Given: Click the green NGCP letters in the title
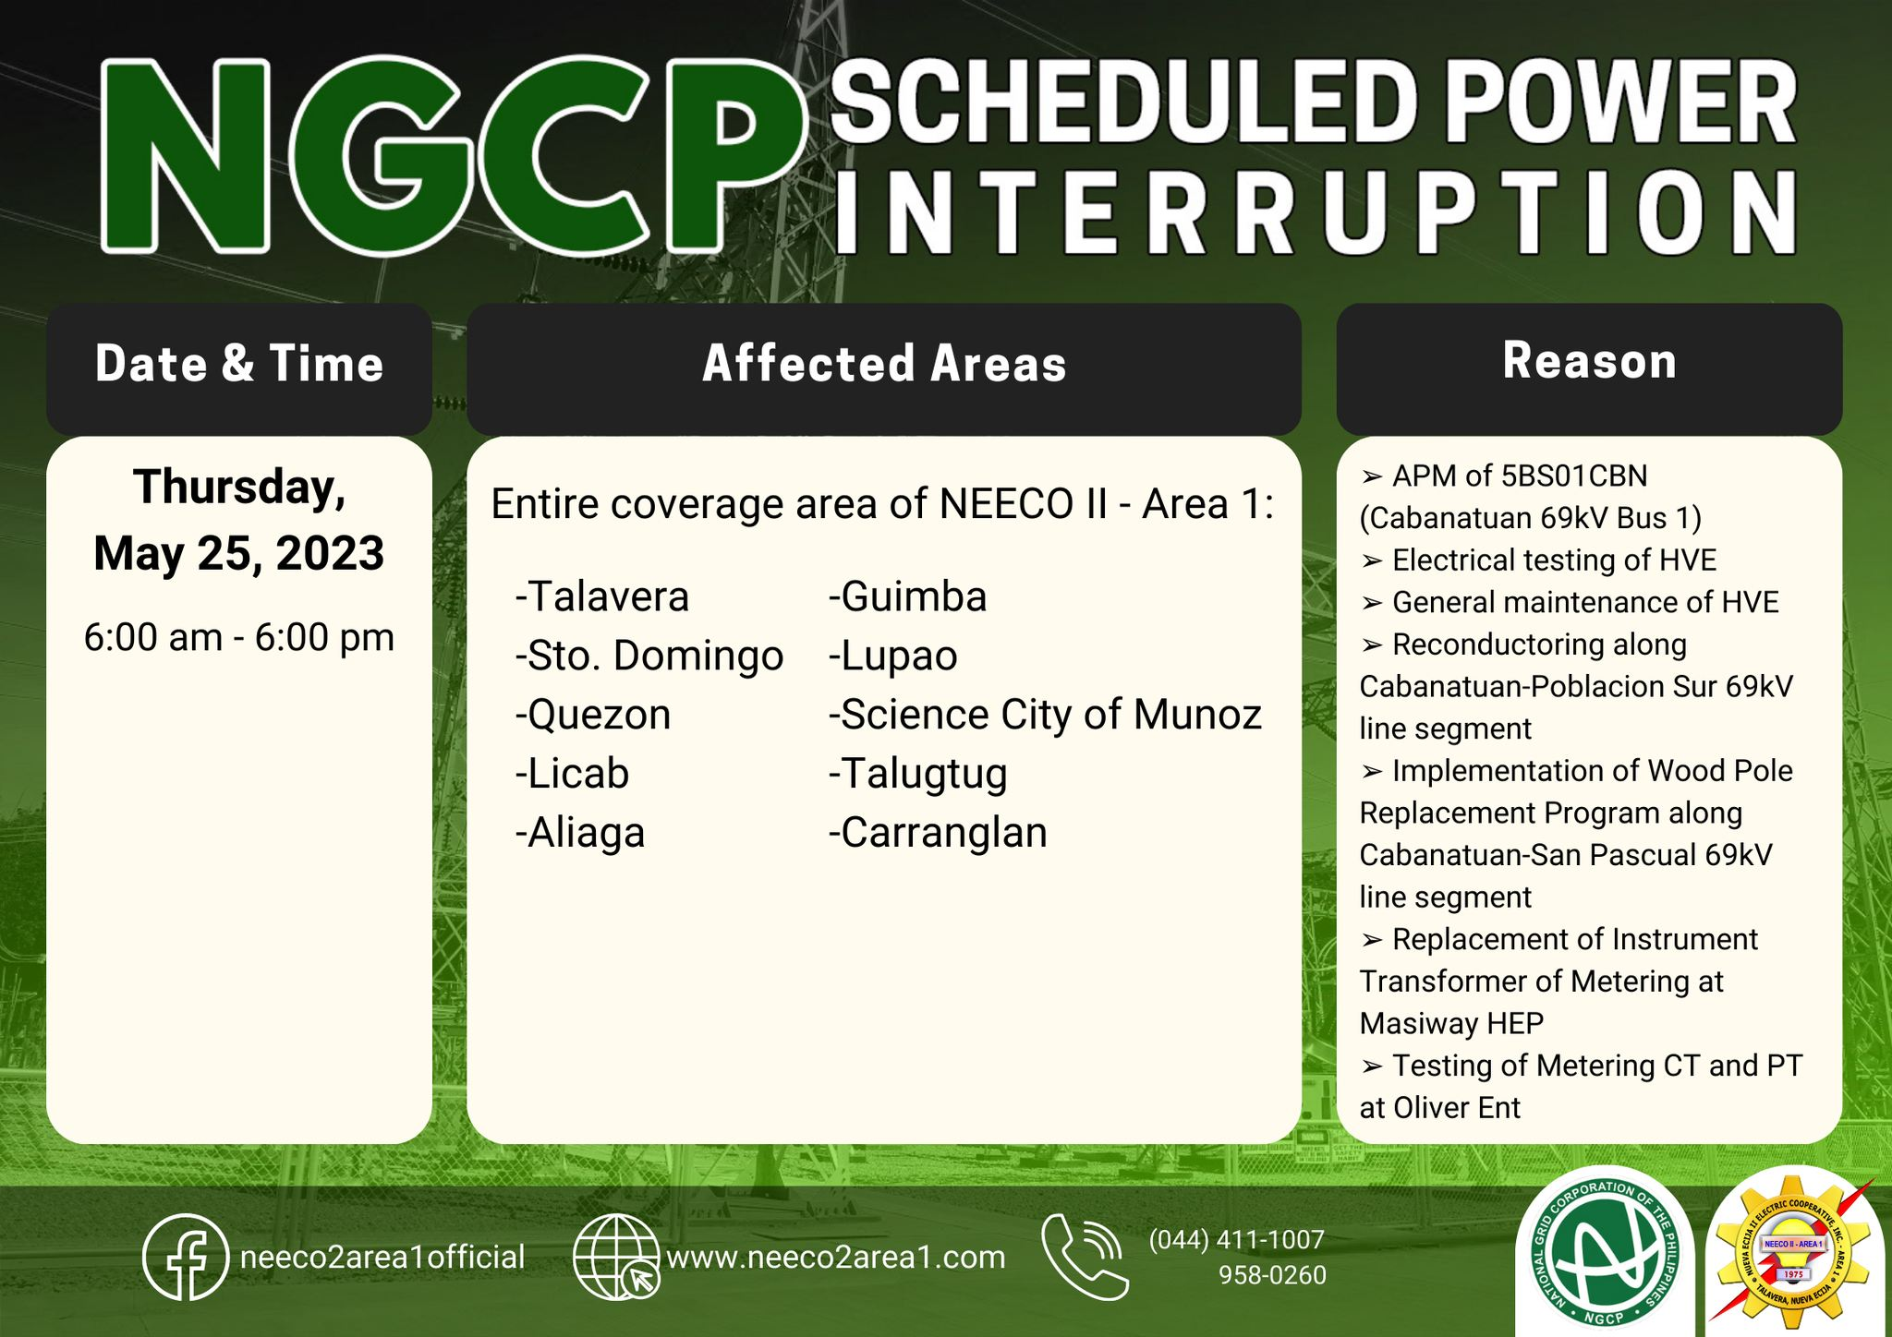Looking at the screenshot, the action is click(453, 154).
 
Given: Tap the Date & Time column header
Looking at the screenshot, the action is click(239, 363).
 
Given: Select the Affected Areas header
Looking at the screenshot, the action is click(884, 363).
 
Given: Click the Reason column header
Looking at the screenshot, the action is click(1589, 360).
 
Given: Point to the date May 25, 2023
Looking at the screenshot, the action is click(239, 554).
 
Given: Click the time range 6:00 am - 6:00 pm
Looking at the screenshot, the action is click(239, 637).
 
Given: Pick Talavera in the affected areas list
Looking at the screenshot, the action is click(602, 596).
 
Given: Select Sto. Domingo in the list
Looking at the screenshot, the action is click(649, 656).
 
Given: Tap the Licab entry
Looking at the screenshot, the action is click(572, 773).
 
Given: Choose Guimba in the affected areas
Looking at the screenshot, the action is click(908, 596).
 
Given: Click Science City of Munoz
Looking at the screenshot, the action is click(1045, 715).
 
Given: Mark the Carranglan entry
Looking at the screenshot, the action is click(938, 833).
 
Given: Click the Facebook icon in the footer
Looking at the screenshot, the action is click(186, 1257).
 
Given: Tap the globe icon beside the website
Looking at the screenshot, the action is click(616, 1257).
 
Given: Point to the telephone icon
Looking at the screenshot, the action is click(1085, 1257).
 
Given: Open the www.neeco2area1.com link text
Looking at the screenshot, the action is click(836, 1257).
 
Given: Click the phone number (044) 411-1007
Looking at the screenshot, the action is click(1237, 1239).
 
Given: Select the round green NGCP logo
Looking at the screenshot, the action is click(1606, 1255).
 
